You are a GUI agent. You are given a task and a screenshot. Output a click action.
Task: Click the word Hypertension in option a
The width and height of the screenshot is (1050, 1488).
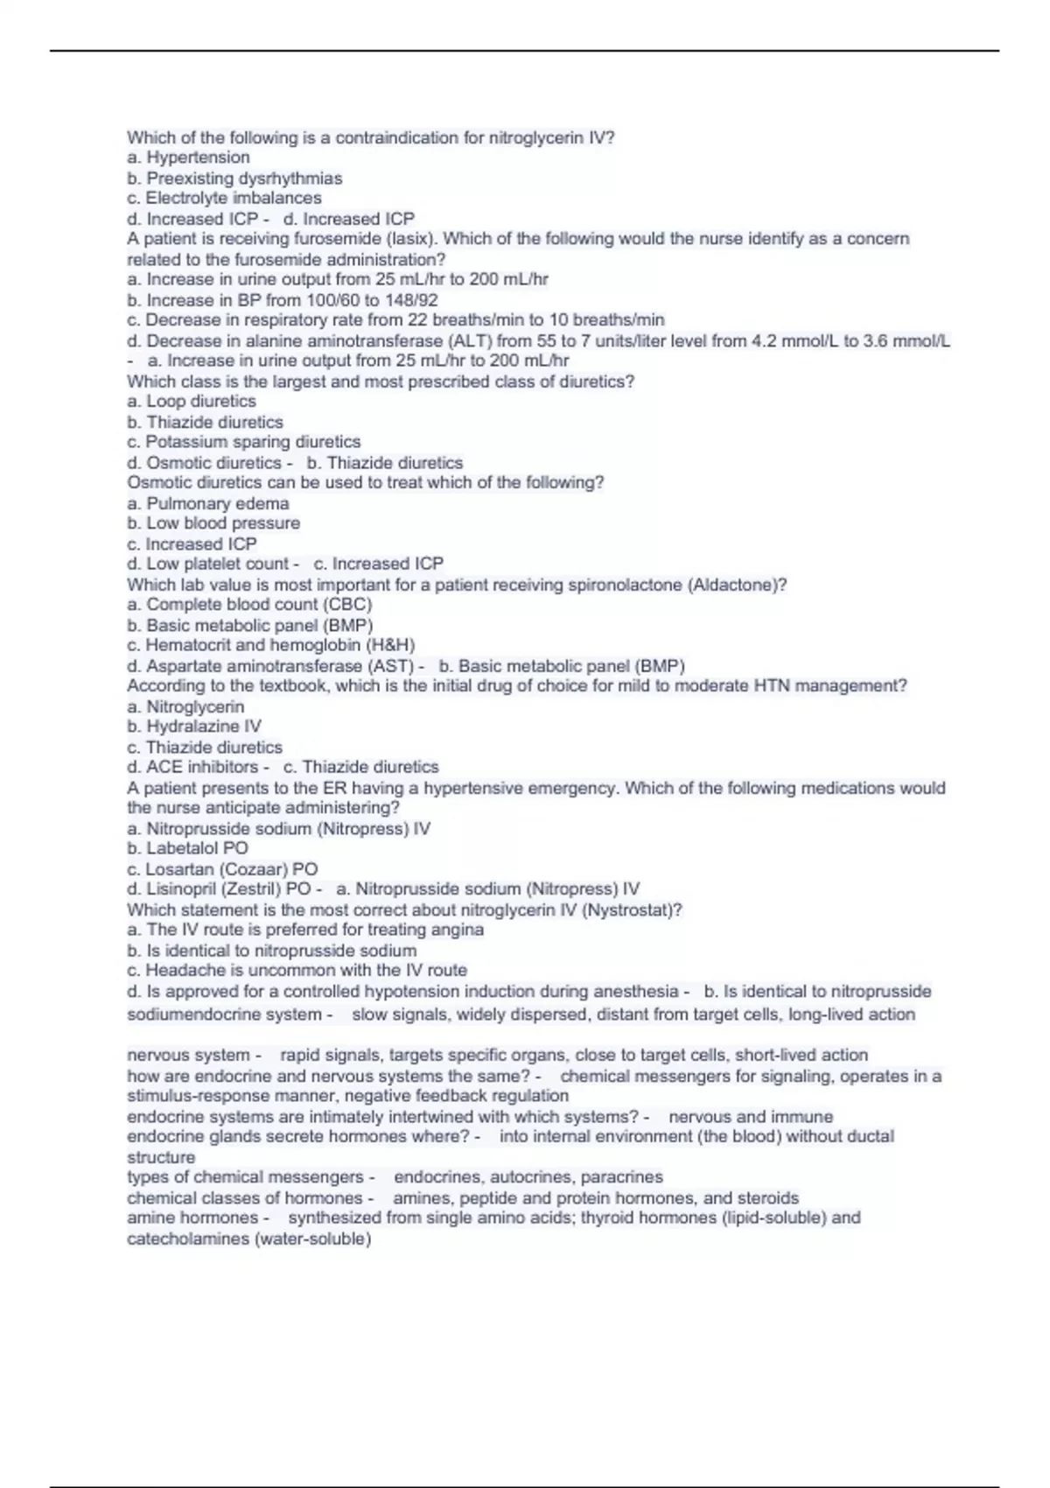tap(198, 158)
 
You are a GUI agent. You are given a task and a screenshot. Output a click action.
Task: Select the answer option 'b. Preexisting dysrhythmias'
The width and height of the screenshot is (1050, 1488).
tap(234, 179)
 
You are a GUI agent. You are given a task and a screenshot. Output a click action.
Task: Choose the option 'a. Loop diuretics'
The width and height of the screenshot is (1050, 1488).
tap(192, 402)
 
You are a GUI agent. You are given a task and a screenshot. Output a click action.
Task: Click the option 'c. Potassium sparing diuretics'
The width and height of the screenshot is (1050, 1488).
tap(243, 442)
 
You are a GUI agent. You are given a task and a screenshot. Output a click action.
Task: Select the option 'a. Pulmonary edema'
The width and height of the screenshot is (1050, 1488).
tap(207, 503)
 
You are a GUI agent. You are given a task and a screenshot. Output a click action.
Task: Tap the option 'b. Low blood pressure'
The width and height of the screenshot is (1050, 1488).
tap(213, 523)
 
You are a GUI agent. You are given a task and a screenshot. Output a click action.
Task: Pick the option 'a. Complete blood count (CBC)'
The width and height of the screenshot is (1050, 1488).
tap(249, 605)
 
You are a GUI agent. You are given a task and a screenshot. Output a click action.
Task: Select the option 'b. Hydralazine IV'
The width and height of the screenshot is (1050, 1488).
tap(194, 726)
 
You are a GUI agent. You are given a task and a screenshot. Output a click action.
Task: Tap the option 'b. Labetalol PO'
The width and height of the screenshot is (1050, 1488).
tap(187, 848)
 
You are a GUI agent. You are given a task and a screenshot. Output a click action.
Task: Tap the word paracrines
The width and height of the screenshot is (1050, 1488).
tap(621, 1177)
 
